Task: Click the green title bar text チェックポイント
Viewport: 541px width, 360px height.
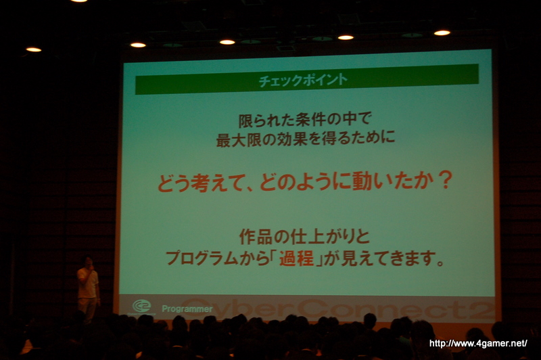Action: (x=303, y=81)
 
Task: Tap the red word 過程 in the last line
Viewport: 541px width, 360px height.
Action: (x=296, y=258)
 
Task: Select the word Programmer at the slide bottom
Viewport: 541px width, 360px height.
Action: (x=187, y=309)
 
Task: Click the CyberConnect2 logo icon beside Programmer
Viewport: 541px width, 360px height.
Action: (x=142, y=306)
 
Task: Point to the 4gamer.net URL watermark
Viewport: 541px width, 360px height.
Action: (x=478, y=344)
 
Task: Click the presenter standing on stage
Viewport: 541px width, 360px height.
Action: (x=88, y=289)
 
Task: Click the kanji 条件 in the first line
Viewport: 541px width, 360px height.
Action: (x=311, y=120)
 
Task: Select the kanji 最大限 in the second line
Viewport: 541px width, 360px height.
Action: (x=239, y=139)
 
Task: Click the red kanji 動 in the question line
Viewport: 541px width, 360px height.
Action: (x=361, y=181)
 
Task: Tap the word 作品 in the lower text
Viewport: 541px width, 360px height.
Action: (x=256, y=236)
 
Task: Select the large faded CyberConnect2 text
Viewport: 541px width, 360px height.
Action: (x=337, y=309)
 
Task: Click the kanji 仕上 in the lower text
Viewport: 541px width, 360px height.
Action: (x=308, y=236)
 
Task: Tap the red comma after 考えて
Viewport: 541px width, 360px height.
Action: (x=250, y=188)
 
